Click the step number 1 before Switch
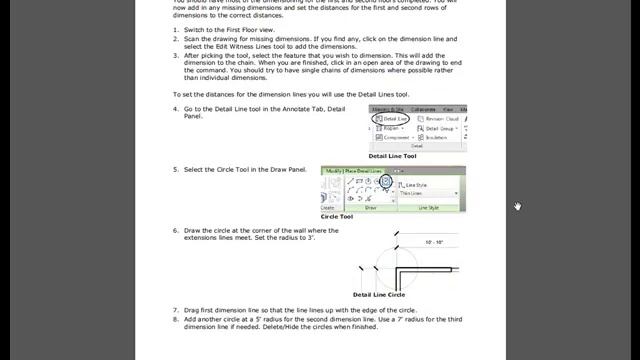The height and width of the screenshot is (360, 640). (175, 31)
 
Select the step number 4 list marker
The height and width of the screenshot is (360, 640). (175, 108)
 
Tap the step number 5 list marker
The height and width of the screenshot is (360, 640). (175, 169)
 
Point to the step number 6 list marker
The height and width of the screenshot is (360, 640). (175, 230)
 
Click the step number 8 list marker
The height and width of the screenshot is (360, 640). (175, 319)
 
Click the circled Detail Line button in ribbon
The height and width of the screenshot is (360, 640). (389, 119)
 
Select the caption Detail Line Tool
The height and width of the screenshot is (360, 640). (392, 156)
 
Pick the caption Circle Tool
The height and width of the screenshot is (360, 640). (337, 216)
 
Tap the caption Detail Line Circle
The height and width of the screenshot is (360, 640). (379, 295)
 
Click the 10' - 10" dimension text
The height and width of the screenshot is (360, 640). (434, 243)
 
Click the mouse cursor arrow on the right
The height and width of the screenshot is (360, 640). (517, 206)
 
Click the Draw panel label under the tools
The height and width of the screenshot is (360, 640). (370, 208)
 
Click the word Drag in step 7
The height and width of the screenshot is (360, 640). (192, 310)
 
